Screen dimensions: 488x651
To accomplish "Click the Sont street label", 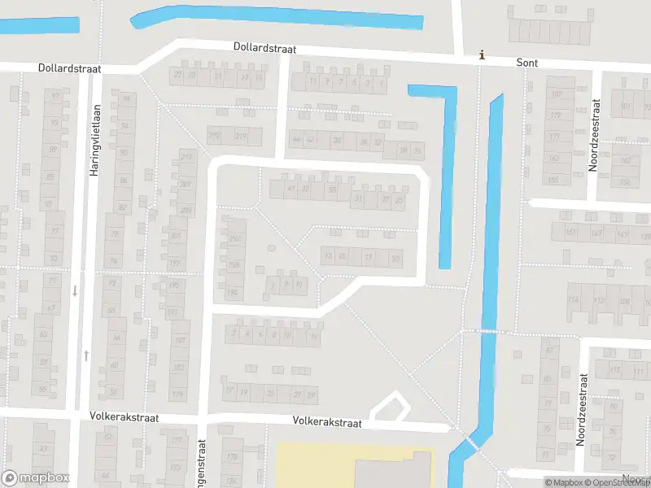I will point(527,62).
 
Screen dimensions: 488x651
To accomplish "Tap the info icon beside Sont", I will point(483,55).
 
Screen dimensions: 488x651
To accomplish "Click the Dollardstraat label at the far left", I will point(69,69).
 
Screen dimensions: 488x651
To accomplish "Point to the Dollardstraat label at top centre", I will point(264,49).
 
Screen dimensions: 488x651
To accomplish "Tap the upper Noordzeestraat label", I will point(594,135).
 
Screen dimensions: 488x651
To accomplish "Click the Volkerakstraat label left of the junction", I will point(125,417).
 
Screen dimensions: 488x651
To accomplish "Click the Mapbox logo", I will point(36,478).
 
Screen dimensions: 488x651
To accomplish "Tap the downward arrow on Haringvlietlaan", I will point(75,290).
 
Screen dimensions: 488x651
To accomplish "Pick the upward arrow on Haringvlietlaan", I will point(86,355).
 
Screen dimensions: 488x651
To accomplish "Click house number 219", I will point(241,136).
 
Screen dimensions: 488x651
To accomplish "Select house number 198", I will point(233,265).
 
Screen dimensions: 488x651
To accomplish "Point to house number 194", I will point(233,292).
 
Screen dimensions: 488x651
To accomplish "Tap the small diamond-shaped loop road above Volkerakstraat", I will point(389,406).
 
